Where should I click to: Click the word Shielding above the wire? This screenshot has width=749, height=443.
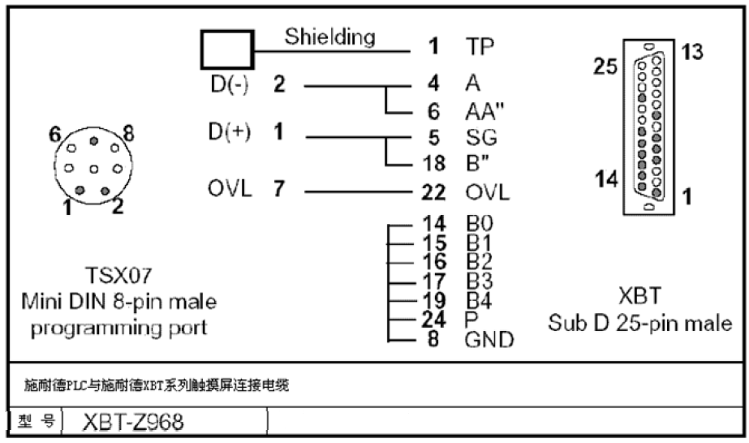coord(329,37)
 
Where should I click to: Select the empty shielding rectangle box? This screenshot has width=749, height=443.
coord(227,49)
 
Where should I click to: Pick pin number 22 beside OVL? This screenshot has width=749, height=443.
coord(435,194)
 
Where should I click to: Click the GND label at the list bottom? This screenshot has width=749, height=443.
coord(489,340)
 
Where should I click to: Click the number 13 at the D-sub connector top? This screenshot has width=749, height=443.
coord(691,51)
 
